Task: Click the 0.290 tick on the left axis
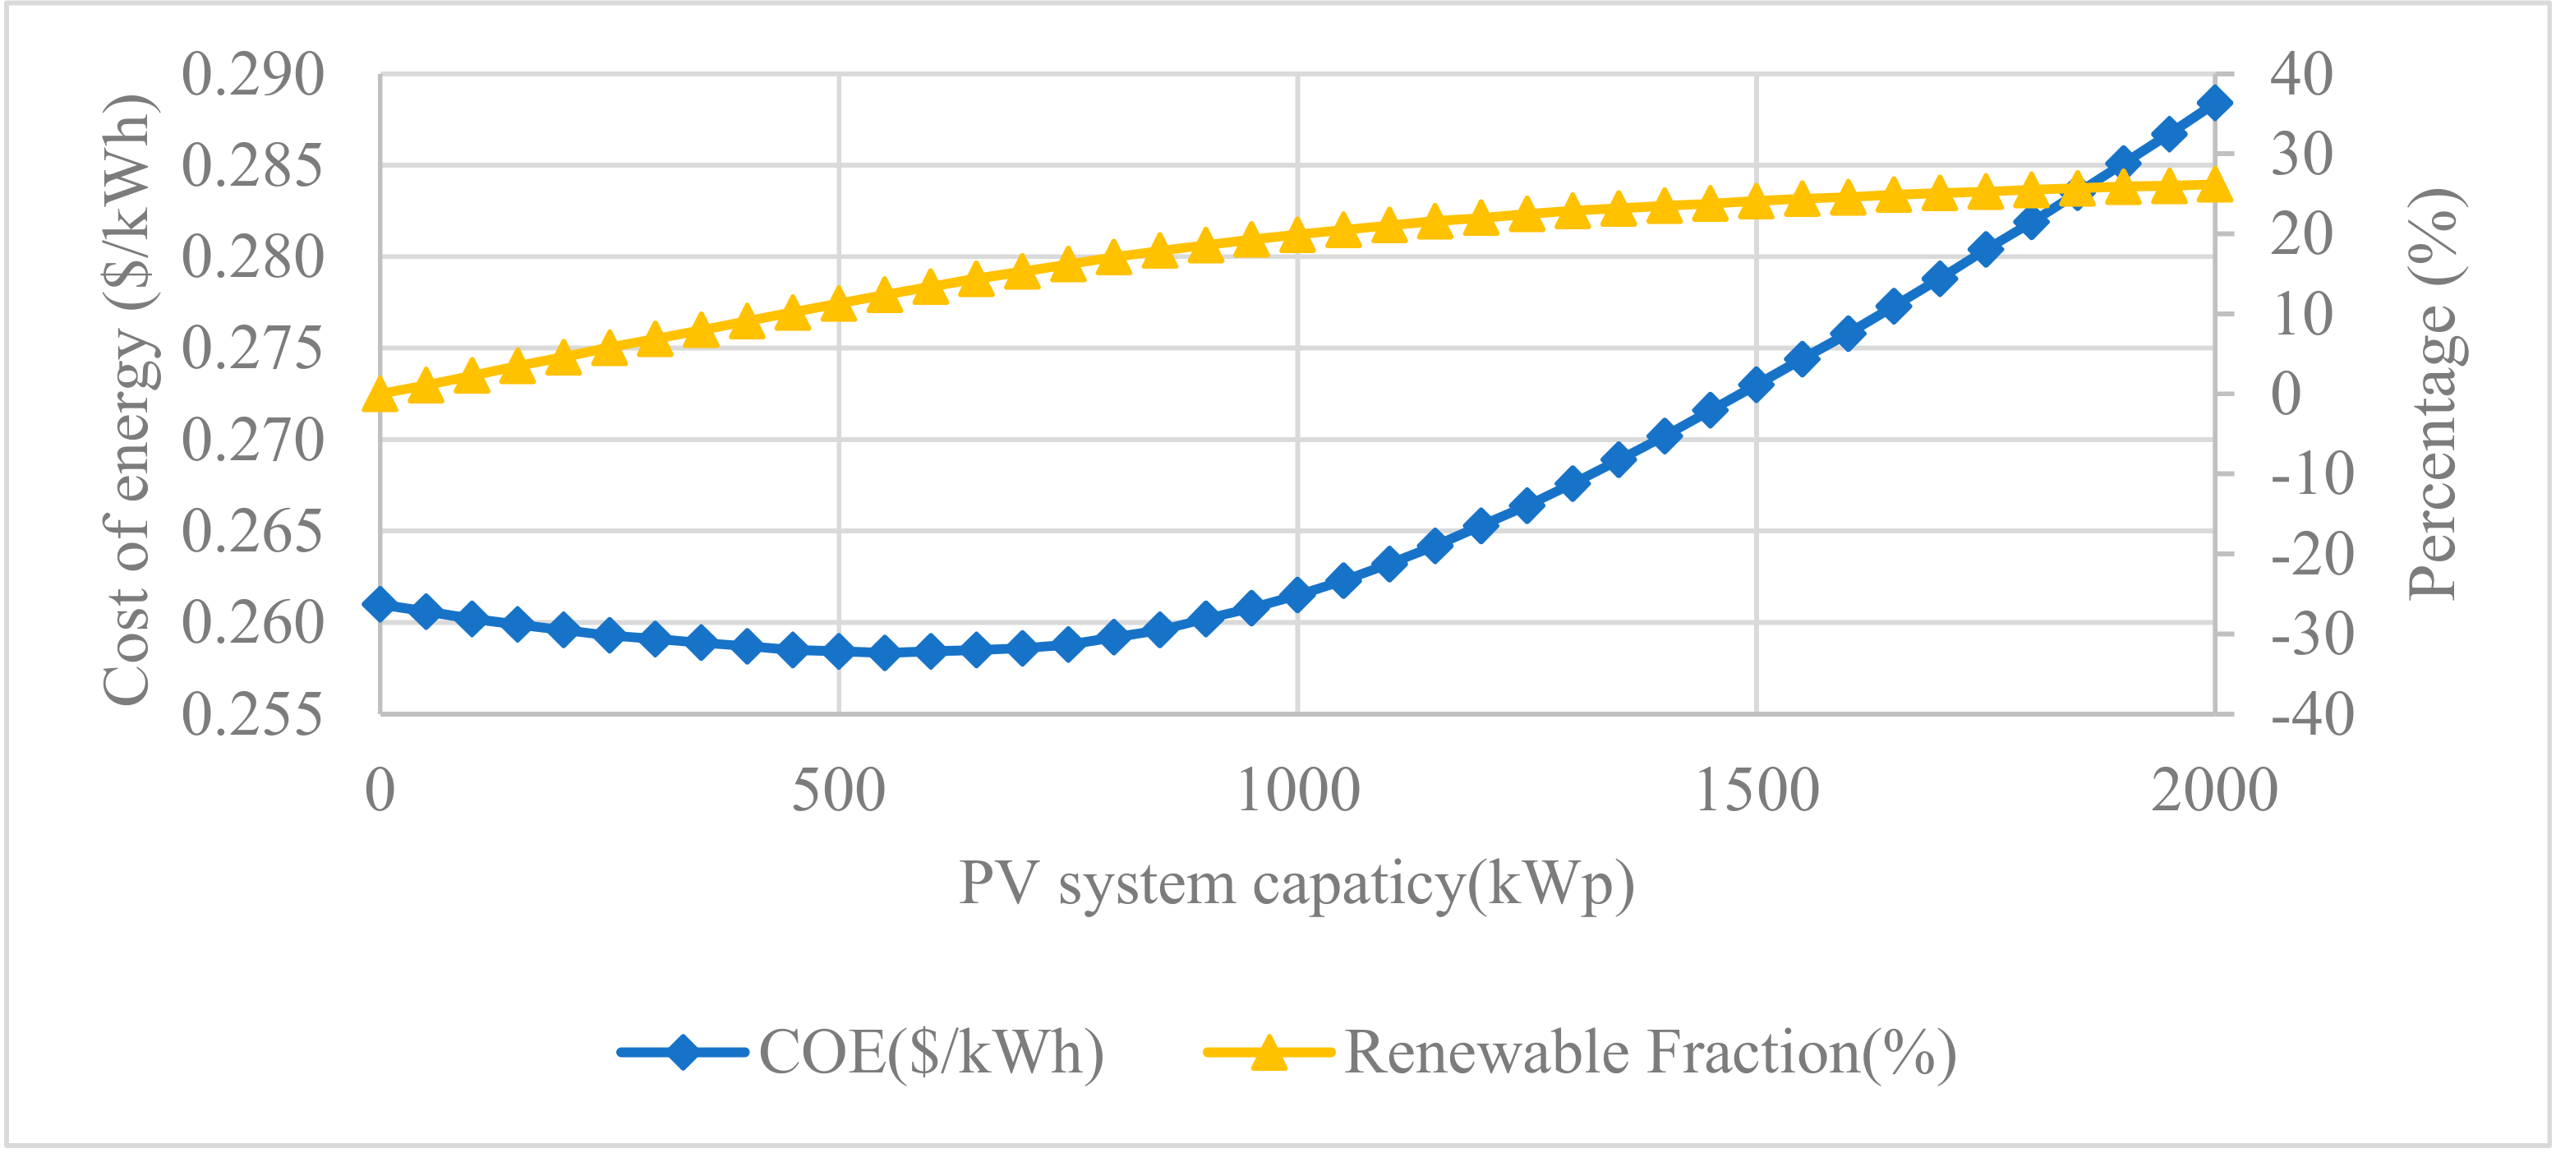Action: pos(252,76)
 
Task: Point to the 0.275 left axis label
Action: pos(252,349)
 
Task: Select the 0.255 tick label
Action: pos(252,714)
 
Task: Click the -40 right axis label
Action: pos(2312,714)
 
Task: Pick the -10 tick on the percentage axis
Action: pos(2312,474)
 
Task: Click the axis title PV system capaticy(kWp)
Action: pos(1296,883)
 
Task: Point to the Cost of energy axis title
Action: pos(128,399)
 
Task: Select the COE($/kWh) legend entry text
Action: pos(931,1052)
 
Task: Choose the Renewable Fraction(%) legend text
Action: pos(1650,1052)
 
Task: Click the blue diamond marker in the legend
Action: pos(683,1052)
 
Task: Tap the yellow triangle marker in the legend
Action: pos(1269,1052)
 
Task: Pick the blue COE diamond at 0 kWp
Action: pos(380,603)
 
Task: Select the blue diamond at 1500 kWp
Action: pos(1757,384)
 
